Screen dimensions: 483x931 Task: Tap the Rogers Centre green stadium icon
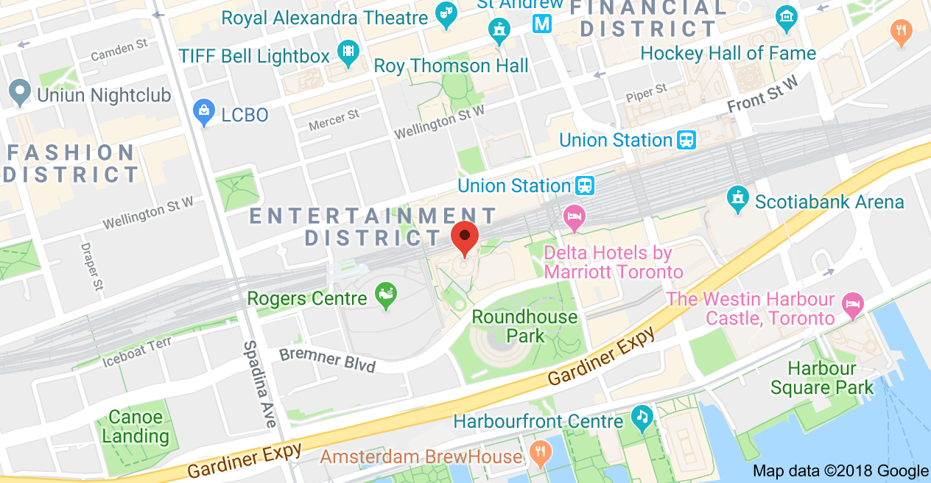pos(385,297)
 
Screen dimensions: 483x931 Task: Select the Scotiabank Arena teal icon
pos(737,199)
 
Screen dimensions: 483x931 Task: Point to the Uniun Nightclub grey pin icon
pos(18,94)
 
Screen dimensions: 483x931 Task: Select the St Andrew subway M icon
pos(543,23)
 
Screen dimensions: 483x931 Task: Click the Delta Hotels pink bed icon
pos(575,217)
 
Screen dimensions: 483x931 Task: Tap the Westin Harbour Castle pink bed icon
pos(852,304)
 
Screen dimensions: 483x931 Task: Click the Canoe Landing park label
pos(136,426)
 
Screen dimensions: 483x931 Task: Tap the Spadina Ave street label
pos(258,384)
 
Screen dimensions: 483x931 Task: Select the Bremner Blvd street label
pos(327,360)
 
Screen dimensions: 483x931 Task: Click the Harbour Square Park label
pos(822,378)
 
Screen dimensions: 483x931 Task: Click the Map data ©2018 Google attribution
pos(840,470)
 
